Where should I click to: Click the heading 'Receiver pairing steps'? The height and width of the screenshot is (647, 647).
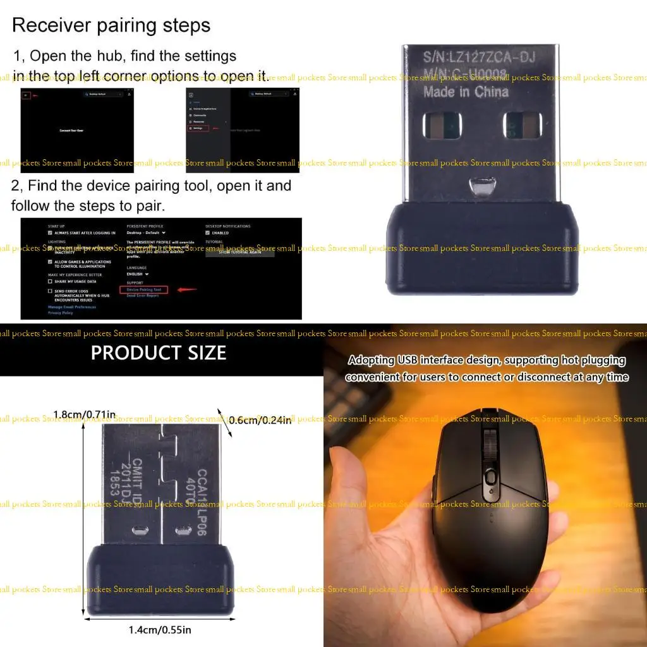coord(111,26)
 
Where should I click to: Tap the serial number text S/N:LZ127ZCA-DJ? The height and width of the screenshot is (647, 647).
coord(479,57)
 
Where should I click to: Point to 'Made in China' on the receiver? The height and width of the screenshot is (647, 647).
coord(466,92)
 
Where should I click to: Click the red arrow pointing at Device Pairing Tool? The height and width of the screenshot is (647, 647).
coord(188,290)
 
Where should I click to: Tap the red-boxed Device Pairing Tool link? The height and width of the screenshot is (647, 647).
coord(144,289)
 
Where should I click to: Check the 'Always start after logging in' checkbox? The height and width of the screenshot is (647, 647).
coord(51,233)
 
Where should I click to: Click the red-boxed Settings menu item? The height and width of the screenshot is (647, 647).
coord(197,128)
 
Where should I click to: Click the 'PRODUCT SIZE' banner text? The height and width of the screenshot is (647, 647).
coord(159,353)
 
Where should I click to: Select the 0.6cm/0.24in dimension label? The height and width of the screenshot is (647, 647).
coord(260,420)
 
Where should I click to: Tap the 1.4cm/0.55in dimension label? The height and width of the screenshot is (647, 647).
coord(160,629)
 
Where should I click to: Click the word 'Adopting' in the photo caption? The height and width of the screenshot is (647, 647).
coord(372,361)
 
